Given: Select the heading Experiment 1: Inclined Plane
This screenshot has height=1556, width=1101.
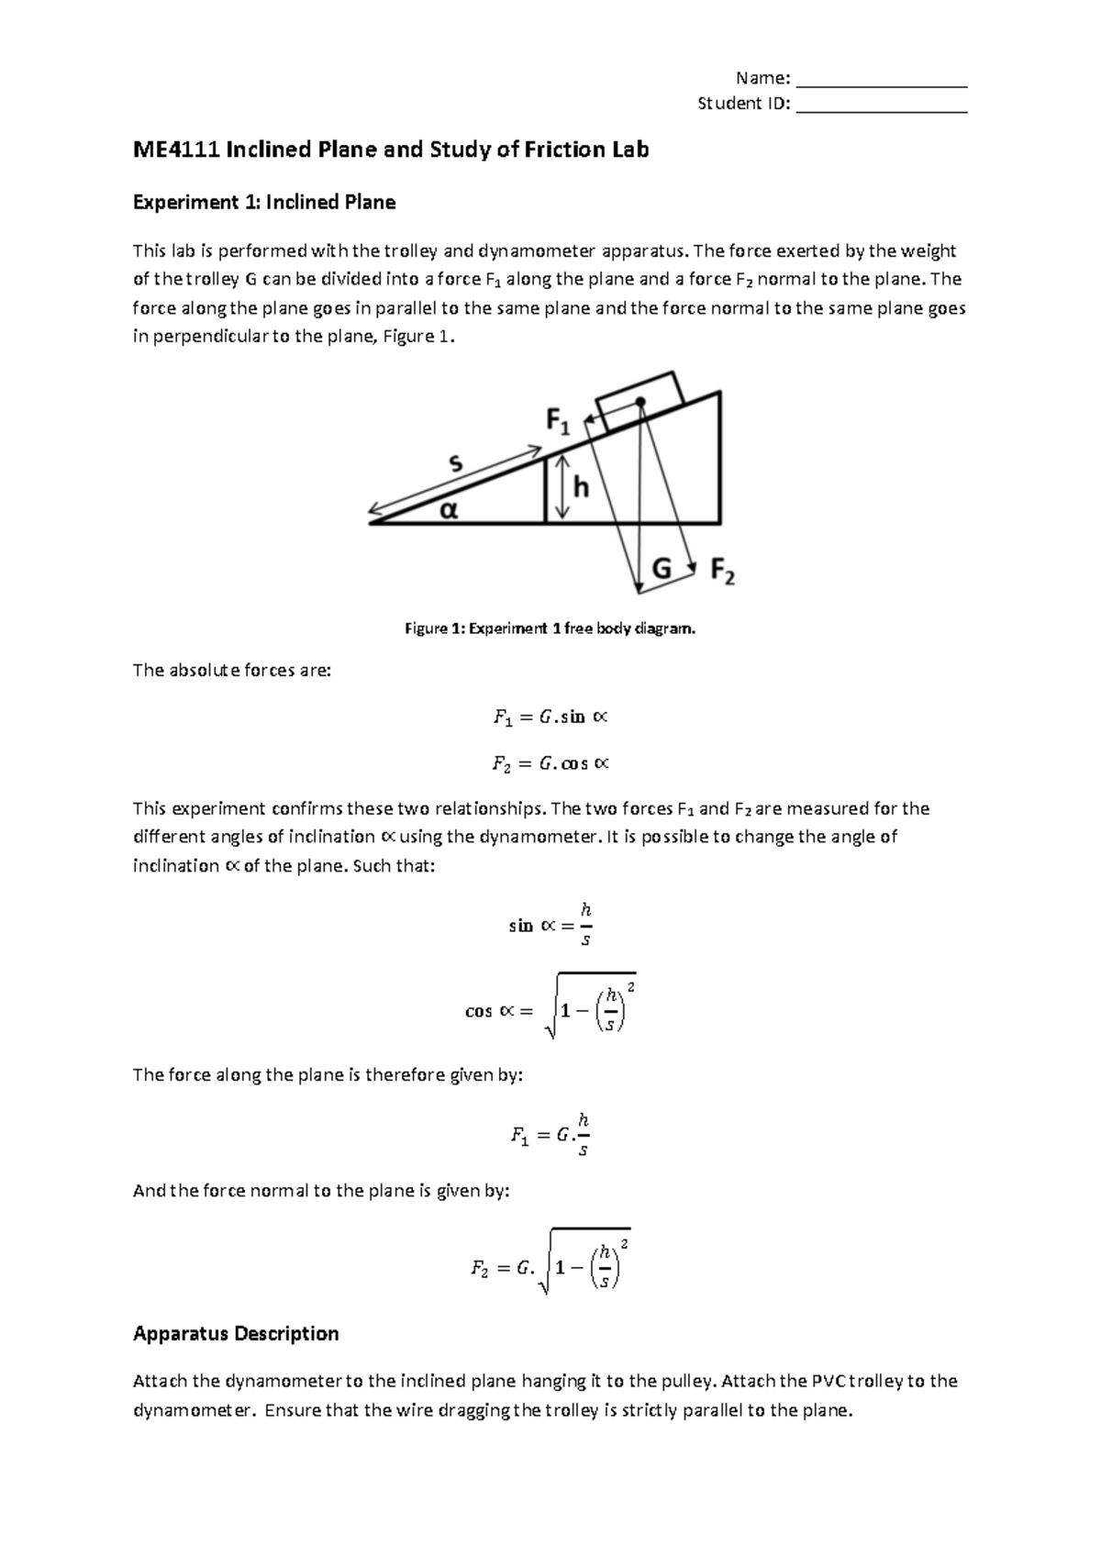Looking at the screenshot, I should pyautogui.click(x=264, y=203).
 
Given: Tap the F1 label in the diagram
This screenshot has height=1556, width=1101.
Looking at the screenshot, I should pyautogui.click(x=558, y=421).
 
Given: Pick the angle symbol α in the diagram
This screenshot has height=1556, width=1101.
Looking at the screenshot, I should pyautogui.click(x=448, y=509).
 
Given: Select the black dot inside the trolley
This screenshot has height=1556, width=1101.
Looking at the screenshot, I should pyautogui.click(x=640, y=402).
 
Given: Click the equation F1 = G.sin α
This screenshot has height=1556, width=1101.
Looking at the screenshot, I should pyautogui.click(x=550, y=717).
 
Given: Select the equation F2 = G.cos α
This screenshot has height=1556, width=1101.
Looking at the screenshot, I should pyautogui.click(x=550, y=763).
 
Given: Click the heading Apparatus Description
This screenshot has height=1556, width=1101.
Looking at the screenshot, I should pyautogui.click(x=236, y=1333).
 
